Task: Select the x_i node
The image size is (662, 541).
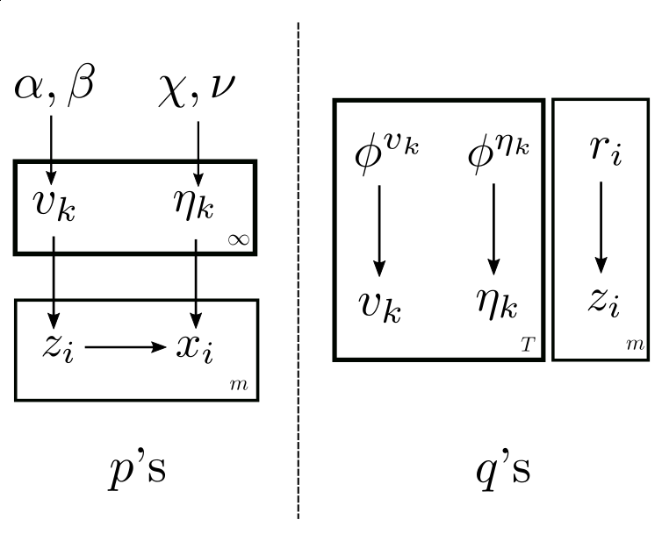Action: point(195,349)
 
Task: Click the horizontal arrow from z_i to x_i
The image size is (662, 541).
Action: point(125,347)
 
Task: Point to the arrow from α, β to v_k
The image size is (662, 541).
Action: point(51,149)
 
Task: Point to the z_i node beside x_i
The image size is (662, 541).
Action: point(57,348)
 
